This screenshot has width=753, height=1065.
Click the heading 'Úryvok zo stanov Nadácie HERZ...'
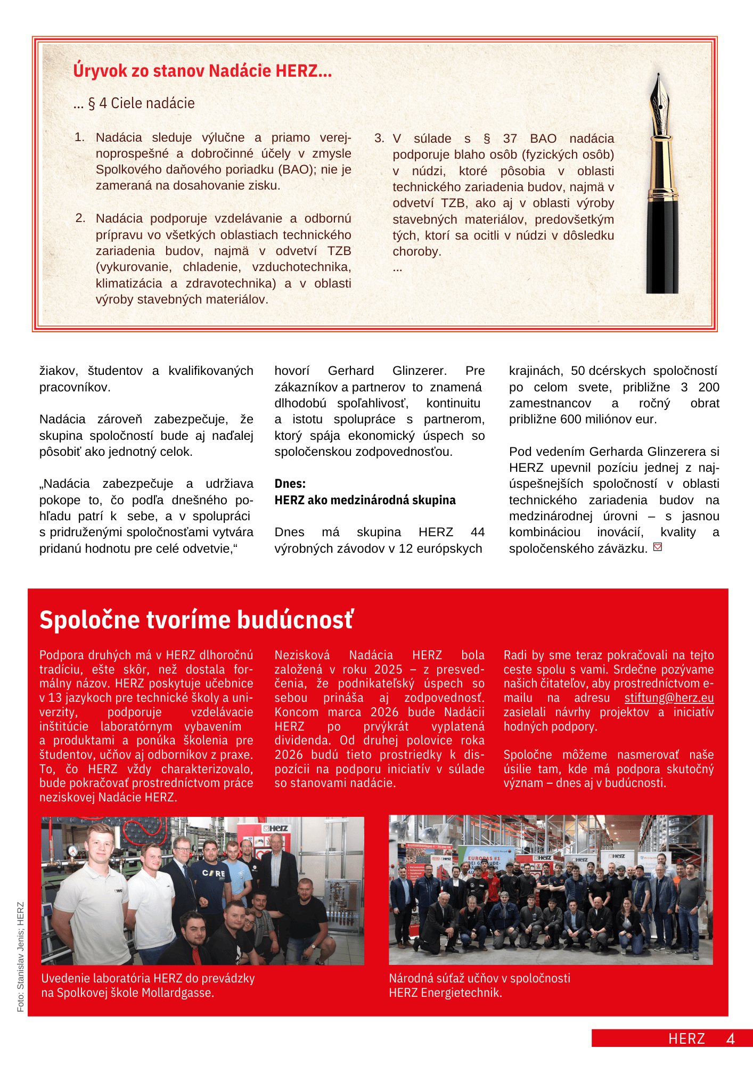pos(202,71)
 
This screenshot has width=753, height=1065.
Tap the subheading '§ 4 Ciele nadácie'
pos(141,103)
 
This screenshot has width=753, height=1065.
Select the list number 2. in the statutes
pos(80,218)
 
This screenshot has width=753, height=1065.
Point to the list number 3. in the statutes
pos(379,138)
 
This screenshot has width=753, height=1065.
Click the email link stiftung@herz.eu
pos(669,698)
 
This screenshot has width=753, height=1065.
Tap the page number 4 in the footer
pos(731,1039)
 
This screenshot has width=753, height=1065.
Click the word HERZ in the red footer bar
pos(686,1039)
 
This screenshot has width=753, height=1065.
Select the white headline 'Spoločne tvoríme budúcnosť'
pos(196,620)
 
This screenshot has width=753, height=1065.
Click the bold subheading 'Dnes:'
pos(290,484)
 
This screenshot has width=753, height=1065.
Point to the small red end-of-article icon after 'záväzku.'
pos(658,547)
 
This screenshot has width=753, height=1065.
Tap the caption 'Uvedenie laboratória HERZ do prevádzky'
pos(148,979)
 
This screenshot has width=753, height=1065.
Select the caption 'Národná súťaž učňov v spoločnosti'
pos(479,979)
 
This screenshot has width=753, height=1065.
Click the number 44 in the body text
pos(478,532)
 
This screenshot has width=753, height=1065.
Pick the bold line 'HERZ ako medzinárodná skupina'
pos(365,500)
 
